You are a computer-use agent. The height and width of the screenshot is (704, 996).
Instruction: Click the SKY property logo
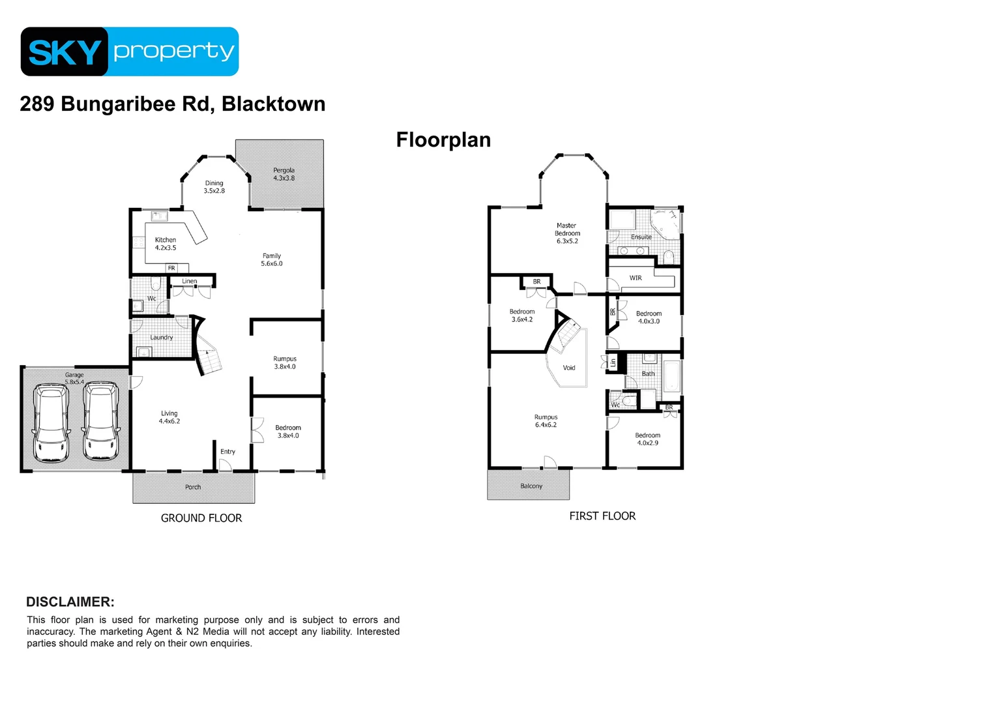click(130, 51)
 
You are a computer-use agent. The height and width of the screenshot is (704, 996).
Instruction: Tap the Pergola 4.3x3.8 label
click(284, 174)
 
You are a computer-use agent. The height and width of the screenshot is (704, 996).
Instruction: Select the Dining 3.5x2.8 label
click(214, 187)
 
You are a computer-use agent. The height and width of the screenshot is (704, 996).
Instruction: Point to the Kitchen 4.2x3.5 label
click(166, 244)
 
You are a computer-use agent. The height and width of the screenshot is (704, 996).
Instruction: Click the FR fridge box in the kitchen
click(171, 268)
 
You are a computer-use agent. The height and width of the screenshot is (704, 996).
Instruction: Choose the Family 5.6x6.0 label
click(272, 259)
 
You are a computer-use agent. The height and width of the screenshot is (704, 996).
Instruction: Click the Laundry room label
click(162, 338)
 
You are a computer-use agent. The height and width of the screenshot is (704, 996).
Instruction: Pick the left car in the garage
click(51, 423)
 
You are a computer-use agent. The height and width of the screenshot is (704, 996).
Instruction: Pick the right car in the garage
click(101, 422)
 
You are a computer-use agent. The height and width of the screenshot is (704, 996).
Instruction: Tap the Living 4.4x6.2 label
click(169, 417)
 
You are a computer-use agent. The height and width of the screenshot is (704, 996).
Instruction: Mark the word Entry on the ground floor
click(227, 452)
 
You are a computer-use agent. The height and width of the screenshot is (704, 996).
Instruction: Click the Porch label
click(193, 487)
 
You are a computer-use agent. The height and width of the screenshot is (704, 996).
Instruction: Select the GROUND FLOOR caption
click(201, 518)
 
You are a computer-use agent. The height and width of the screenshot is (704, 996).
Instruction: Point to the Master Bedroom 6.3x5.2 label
click(567, 233)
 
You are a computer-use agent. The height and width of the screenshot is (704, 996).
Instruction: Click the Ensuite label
click(641, 237)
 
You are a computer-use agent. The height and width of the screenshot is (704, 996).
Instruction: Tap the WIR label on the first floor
click(636, 278)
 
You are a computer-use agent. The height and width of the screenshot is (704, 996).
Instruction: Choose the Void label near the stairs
click(569, 368)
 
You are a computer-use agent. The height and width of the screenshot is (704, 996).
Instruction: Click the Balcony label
click(531, 486)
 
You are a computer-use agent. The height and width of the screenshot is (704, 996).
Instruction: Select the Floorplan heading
click(443, 140)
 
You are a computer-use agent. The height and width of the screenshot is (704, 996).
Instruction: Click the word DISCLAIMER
click(70, 602)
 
